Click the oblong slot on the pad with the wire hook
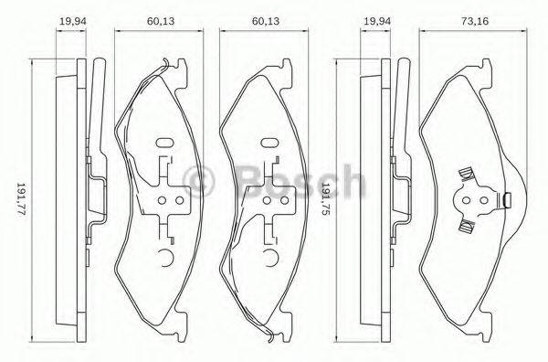click(x=165, y=144)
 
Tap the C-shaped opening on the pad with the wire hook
click(x=164, y=259)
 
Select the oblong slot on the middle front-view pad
click(x=269, y=144)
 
